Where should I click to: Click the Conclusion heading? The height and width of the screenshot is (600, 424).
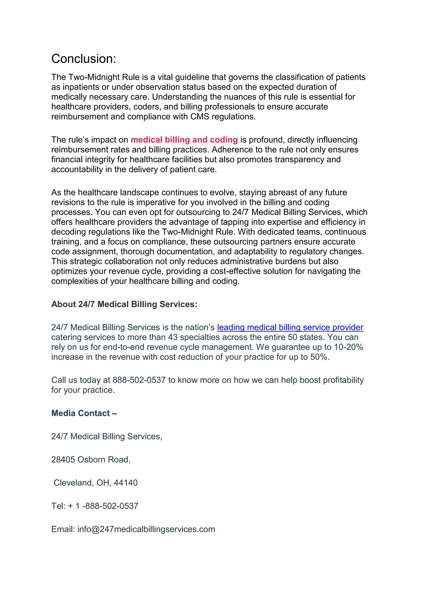pyautogui.click(x=84, y=59)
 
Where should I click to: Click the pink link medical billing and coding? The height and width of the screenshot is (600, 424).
pyautogui.click(x=184, y=140)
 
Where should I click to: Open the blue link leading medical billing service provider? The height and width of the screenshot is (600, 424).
pyautogui.click(x=290, y=327)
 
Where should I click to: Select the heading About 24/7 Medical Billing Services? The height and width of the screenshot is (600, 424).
pyautogui.click(x=124, y=304)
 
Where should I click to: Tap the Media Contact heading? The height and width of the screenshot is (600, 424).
pyautogui.click(x=84, y=413)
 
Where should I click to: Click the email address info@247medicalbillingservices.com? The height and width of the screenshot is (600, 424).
pyautogui.click(x=146, y=529)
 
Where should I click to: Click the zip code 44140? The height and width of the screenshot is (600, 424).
pyautogui.click(x=126, y=483)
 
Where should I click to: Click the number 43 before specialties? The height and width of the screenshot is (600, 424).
pyautogui.click(x=173, y=337)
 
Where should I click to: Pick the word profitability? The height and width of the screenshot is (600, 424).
pyautogui.click(x=343, y=380)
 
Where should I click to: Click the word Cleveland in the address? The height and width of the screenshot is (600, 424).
pyautogui.click(x=73, y=483)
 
